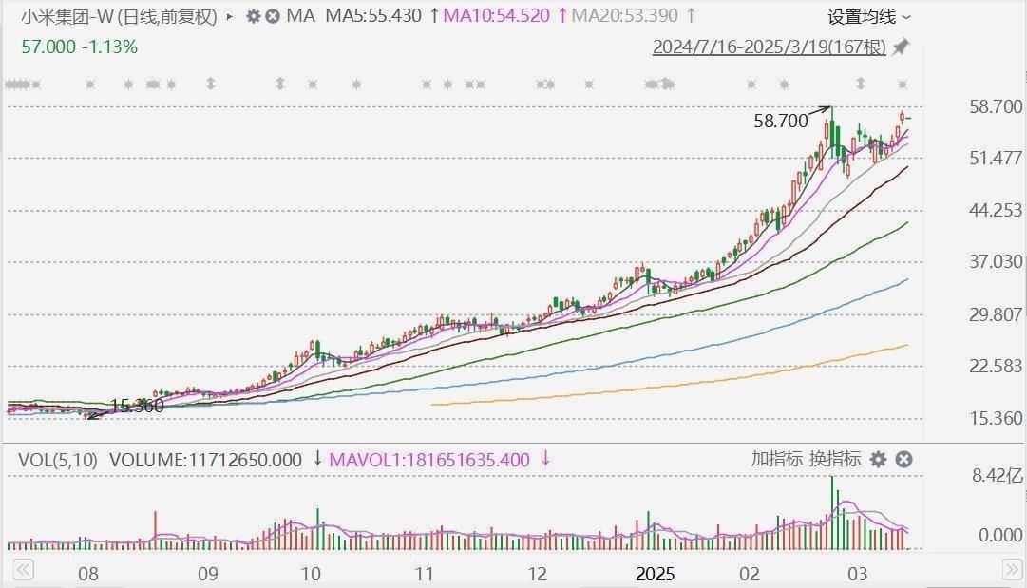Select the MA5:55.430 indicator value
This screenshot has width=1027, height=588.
click(x=372, y=16)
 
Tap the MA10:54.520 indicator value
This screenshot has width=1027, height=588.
click(x=496, y=16)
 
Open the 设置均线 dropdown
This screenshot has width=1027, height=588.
click(x=868, y=17)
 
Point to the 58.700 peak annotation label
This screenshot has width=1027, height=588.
click(x=780, y=121)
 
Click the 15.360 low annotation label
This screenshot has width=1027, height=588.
click(x=137, y=406)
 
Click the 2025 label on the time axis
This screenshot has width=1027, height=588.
click(x=655, y=575)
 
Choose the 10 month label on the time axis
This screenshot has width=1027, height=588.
click(x=310, y=575)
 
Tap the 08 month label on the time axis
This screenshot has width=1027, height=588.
click(x=88, y=575)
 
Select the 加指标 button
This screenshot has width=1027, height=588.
click(x=776, y=459)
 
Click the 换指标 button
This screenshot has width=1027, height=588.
click(x=835, y=459)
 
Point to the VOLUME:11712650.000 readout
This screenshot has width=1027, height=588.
click(x=205, y=460)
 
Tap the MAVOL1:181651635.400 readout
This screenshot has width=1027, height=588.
click(x=428, y=460)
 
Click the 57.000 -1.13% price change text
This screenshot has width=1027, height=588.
click(x=79, y=47)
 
